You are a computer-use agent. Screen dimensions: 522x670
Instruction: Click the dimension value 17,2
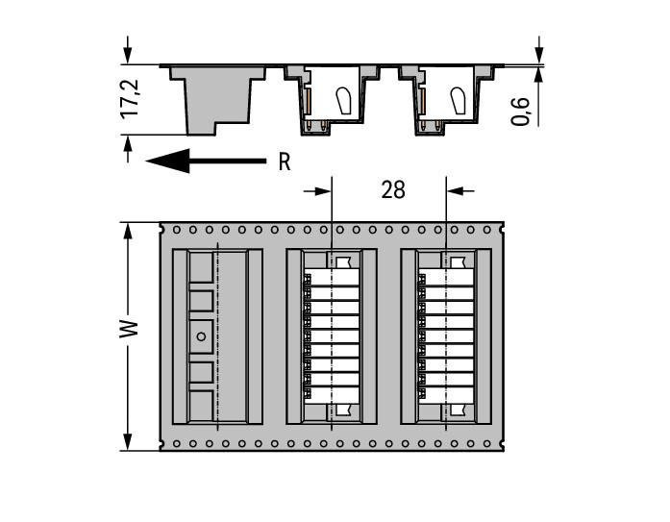point(131,100)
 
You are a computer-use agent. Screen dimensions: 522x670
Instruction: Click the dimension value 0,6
point(521,110)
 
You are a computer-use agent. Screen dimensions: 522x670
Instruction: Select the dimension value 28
point(392,190)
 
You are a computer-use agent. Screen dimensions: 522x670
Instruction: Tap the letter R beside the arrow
point(284,162)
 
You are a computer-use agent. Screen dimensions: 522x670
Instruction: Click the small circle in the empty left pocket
point(201,336)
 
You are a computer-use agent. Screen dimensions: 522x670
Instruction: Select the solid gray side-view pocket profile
point(215,96)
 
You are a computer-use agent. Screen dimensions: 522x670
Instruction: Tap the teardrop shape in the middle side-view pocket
point(343,99)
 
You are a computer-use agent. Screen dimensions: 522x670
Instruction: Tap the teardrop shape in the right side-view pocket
point(459,99)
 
